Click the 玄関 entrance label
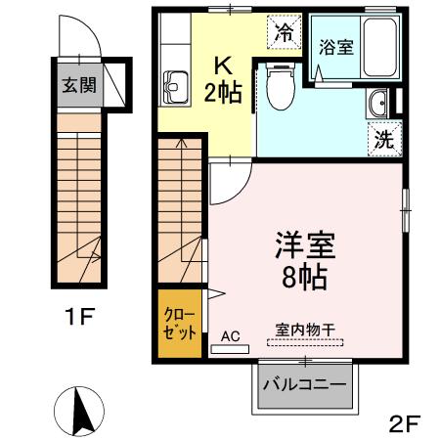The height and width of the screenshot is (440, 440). click(78, 86)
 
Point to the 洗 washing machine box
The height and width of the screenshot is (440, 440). click(385, 139)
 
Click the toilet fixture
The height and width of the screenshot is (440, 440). click(279, 96)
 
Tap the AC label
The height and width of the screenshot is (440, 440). click(231, 334)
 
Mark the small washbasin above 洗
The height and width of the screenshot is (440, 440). click(377, 102)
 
